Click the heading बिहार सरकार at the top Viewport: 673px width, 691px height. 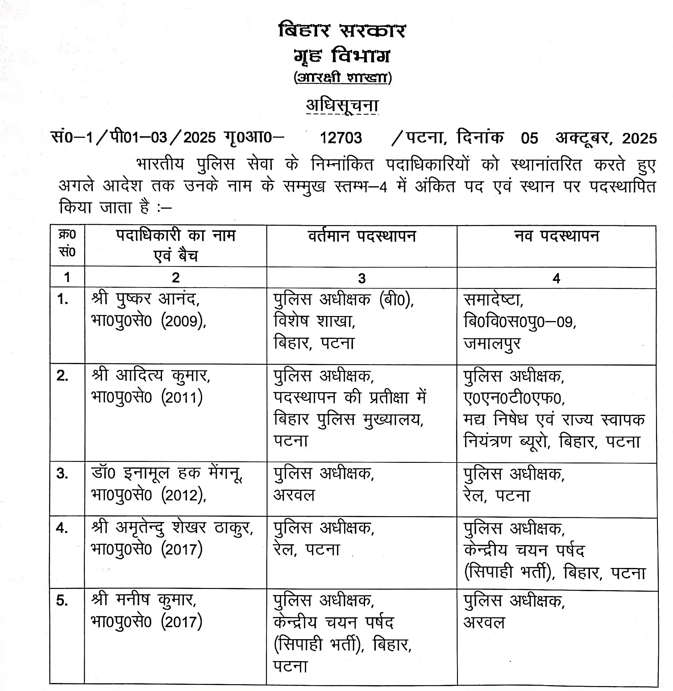click(x=342, y=31)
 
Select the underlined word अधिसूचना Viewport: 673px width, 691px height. click(x=342, y=105)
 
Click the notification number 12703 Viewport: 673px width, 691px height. click(x=341, y=138)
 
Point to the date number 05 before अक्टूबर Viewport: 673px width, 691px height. click(x=529, y=138)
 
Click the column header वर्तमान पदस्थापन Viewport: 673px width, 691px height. click(x=362, y=236)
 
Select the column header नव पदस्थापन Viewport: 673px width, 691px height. click(x=556, y=236)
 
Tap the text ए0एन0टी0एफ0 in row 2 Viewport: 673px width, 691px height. click(x=514, y=398)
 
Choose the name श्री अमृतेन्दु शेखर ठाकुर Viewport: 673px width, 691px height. click(x=172, y=528)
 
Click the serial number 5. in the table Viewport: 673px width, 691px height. click(x=62, y=600)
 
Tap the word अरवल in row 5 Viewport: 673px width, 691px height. click(x=484, y=622)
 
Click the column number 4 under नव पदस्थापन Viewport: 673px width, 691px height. click(x=556, y=278)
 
